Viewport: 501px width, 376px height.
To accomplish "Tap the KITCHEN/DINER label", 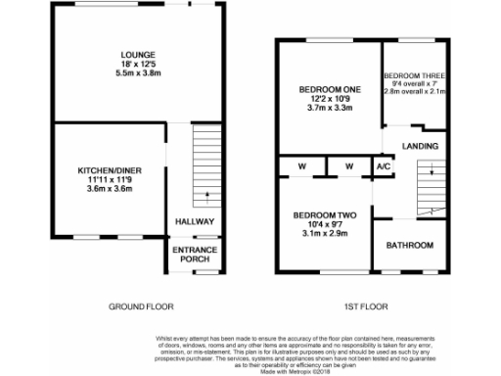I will coord(110,170).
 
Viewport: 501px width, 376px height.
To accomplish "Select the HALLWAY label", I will coord(194,221).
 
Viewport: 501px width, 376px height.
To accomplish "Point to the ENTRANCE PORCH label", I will coord(194,255).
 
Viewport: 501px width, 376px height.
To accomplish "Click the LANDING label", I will coord(420,147).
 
